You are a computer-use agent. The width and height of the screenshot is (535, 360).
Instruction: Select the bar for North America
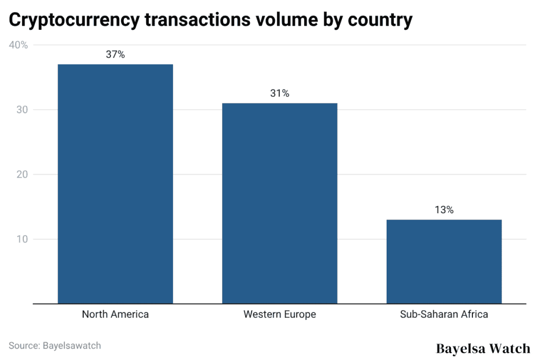click(x=115, y=183)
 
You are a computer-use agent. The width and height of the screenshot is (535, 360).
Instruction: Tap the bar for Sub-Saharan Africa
click(x=444, y=261)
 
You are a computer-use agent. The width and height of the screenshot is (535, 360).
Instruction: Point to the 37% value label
click(x=115, y=54)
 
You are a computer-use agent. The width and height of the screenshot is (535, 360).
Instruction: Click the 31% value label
click(x=280, y=94)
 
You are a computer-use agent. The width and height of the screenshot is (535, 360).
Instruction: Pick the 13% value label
click(x=444, y=210)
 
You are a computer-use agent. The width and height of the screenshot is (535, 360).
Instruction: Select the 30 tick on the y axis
click(x=21, y=110)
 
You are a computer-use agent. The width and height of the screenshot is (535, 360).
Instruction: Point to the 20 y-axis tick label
click(x=21, y=175)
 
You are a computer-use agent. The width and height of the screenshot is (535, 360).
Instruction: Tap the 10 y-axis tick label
click(x=21, y=239)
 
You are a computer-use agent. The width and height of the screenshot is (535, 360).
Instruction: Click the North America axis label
click(x=115, y=315)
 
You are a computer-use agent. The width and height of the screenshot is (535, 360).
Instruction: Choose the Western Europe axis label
click(x=280, y=315)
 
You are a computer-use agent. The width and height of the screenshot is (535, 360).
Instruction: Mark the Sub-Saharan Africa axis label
click(x=444, y=315)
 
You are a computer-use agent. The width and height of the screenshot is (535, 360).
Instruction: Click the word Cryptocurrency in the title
click(x=74, y=20)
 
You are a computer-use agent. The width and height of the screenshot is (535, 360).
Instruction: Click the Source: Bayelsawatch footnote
click(x=54, y=345)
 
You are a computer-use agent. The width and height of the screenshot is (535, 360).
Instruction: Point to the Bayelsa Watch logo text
click(x=483, y=348)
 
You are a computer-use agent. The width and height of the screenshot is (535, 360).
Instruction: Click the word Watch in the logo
click(x=510, y=348)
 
